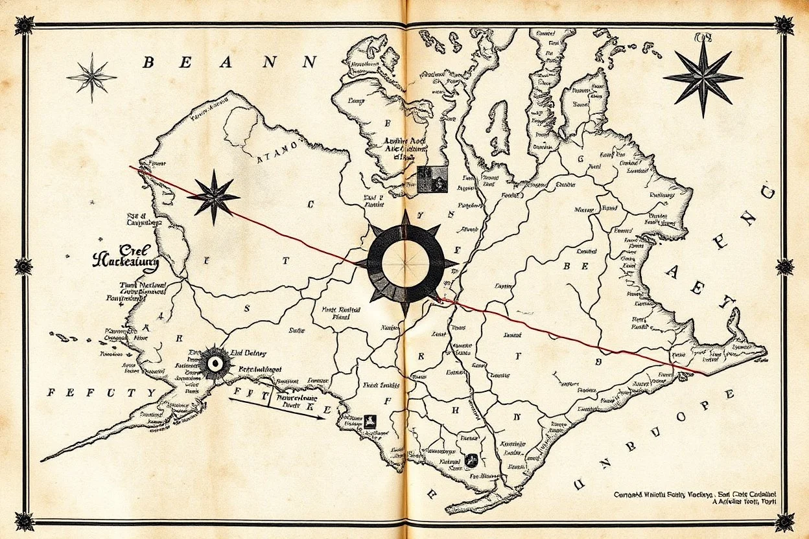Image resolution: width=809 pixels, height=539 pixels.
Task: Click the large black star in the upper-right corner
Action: pyautogui.click(x=703, y=76)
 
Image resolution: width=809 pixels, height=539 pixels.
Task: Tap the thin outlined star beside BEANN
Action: pyautogui.click(x=91, y=77)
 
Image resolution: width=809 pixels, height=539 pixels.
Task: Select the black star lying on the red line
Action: pyautogui.click(x=213, y=196)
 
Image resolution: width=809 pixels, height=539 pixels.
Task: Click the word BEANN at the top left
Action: pyautogui.click(x=230, y=63)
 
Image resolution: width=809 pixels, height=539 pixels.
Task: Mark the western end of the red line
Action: pyautogui.click(x=131, y=167)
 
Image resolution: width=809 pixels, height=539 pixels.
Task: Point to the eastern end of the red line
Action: pyautogui.click(x=707, y=374)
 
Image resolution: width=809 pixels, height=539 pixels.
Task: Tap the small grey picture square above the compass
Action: pyautogui.click(x=432, y=179)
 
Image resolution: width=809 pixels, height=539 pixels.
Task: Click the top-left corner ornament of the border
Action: pyautogui.click(x=25, y=25)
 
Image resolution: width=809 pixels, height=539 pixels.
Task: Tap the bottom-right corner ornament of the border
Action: pyautogui.click(x=784, y=520)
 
